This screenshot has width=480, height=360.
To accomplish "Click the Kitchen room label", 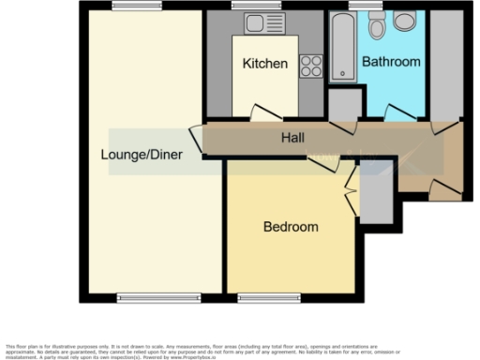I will tap(264, 64).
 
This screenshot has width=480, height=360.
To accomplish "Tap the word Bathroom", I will tap(392, 62).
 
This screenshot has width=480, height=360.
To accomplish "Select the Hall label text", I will tap(292, 139).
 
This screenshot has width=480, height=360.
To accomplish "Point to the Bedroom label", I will tap(290, 227).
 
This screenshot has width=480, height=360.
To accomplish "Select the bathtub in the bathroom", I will tap(343, 47).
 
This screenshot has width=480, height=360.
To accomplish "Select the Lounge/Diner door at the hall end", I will tap(198, 140).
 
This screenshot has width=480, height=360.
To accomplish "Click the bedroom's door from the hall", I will tap(323, 163).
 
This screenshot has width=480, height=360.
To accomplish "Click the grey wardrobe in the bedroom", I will tap(377, 198).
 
